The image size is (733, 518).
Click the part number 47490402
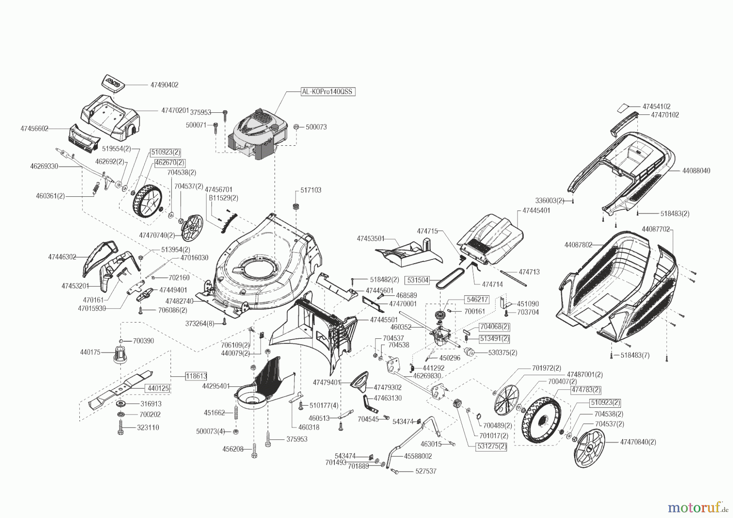pyautogui.click(x=164, y=85)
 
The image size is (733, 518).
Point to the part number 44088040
pyautogui.click(x=696, y=171)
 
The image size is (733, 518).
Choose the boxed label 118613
pyautogui.click(x=196, y=376)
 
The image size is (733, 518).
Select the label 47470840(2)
pyautogui.click(x=638, y=442)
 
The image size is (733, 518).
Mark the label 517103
pyautogui.click(x=311, y=190)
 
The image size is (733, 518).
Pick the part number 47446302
pyautogui.click(x=62, y=257)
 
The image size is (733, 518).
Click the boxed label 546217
pyautogui.click(x=477, y=299)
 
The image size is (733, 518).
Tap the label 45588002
pyautogui.click(x=418, y=457)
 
